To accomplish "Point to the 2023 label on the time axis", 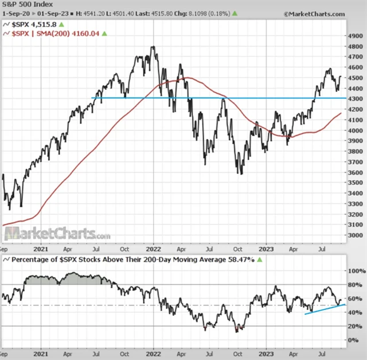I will click(x=267, y=250).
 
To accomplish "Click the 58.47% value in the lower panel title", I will click(x=243, y=260).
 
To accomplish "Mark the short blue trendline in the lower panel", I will click(x=325, y=309).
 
